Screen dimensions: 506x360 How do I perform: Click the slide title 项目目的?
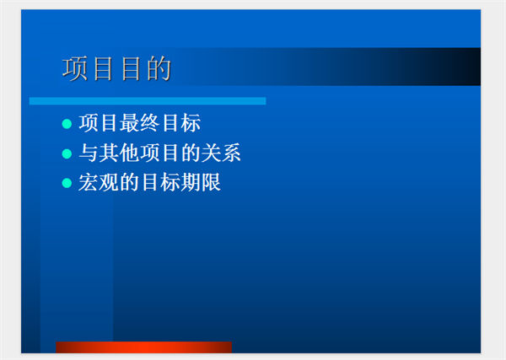click(x=116, y=68)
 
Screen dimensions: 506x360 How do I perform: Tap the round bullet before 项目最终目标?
click(x=67, y=124)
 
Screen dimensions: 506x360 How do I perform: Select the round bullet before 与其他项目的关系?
click(x=67, y=153)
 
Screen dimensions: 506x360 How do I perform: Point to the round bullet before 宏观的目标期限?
click(x=67, y=183)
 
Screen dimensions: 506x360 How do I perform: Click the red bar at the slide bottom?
click(x=143, y=347)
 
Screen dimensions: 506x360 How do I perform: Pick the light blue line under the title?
click(x=148, y=101)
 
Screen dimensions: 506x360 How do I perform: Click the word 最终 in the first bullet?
click(x=139, y=123)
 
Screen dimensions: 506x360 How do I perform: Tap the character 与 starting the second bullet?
click(x=89, y=153)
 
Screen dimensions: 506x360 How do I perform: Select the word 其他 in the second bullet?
click(x=119, y=153)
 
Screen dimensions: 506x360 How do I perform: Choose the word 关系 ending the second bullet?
click(x=221, y=153)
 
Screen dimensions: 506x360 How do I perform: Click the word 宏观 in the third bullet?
click(x=99, y=182)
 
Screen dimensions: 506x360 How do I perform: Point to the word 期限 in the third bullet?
click(x=201, y=182)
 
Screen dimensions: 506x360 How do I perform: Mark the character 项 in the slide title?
click(x=74, y=68)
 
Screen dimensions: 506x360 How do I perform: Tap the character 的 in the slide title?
click(x=159, y=68)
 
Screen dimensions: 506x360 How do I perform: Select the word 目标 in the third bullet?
click(x=159, y=182)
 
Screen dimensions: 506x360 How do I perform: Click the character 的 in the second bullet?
click(x=191, y=153)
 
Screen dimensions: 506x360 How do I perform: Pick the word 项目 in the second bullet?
click(x=159, y=153)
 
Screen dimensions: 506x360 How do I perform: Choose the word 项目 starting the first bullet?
click(x=99, y=123)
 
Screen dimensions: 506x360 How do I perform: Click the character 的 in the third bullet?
click(x=129, y=182)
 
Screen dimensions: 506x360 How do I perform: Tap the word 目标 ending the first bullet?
click(x=180, y=123)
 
